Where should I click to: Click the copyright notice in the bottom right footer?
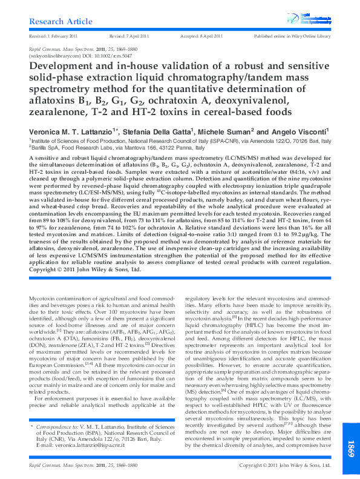click(x=284, y=465)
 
